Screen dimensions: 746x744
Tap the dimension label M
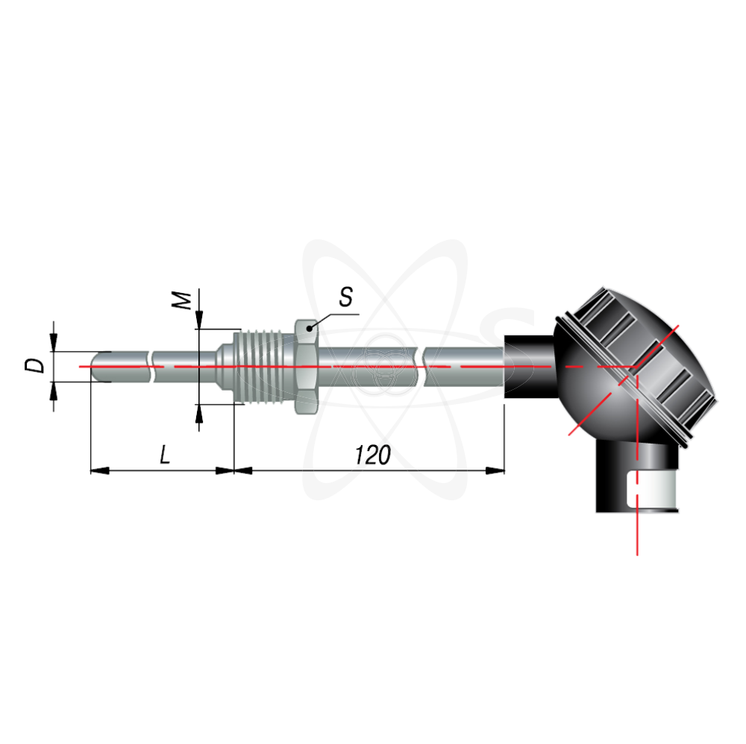[x=182, y=300]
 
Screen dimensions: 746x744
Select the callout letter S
[x=346, y=297]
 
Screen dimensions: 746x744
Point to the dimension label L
[x=165, y=455]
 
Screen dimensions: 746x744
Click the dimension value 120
[x=372, y=455]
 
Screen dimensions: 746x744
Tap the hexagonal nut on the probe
[x=307, y=367]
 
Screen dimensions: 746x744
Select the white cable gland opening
[x=652, y=490]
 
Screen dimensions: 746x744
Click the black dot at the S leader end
[x=310, y=328]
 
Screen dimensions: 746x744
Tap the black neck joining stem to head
[x=529, y=367]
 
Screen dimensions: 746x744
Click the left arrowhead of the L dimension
[x=100, y=470]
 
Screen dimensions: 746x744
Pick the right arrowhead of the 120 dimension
[x=495, y=470]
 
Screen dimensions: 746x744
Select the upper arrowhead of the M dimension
[x=199, y=319]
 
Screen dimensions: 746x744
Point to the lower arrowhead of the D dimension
[x=53, y=391]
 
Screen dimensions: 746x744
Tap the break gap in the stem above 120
[x=421, y=367]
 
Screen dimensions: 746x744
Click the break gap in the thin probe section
[x=151, y=367]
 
